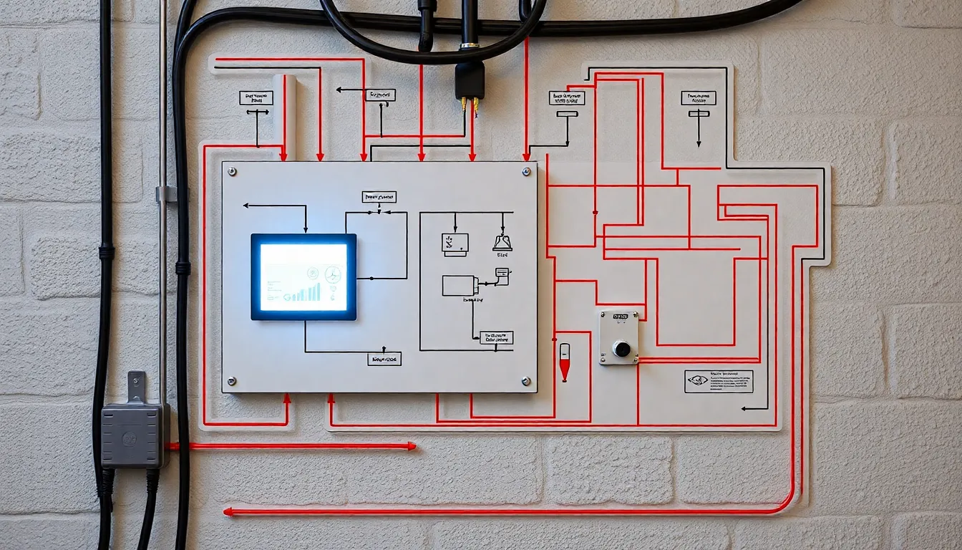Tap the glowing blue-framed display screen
coord(303,276)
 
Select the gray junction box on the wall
coord(133,435)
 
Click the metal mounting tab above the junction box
coord(136,387)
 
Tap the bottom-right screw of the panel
coord(526,381)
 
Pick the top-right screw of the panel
coord(526,172)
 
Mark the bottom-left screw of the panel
coord(232,381)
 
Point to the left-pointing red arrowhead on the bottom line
coord(228,511)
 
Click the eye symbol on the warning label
coord(696,381)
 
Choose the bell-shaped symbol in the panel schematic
coord(502,243)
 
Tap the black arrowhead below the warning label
coord(745,408)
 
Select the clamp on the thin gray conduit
coord(165,194)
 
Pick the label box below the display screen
coord(384,359)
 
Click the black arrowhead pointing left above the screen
coord(247,206)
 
